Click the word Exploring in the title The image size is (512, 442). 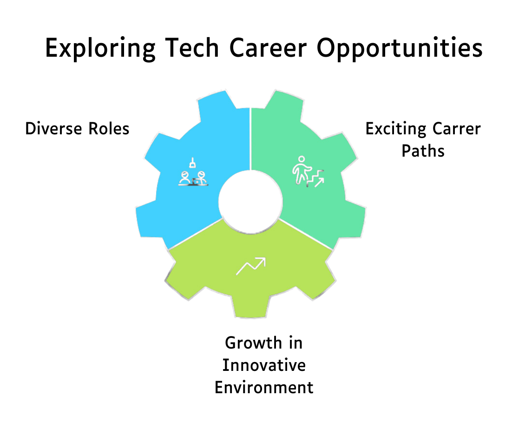(100, 48)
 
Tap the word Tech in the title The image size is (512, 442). (192, 48)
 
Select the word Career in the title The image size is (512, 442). (268, 48)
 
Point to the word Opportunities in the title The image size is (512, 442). (400, 48)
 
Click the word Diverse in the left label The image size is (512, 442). (53, 128)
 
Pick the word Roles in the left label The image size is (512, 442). (109, 128)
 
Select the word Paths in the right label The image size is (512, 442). (423, 151)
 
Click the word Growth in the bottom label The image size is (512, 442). (253, 343)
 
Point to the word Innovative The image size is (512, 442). (264, 365)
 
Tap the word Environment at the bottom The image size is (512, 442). (264, 388)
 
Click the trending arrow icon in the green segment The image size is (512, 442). (251, 266)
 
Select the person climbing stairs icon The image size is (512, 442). (308, 172)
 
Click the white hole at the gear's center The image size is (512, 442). (250, 202)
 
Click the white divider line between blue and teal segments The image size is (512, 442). (250, 139)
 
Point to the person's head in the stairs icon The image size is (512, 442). (302, 159)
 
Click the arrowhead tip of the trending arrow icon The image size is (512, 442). (265, 258)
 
